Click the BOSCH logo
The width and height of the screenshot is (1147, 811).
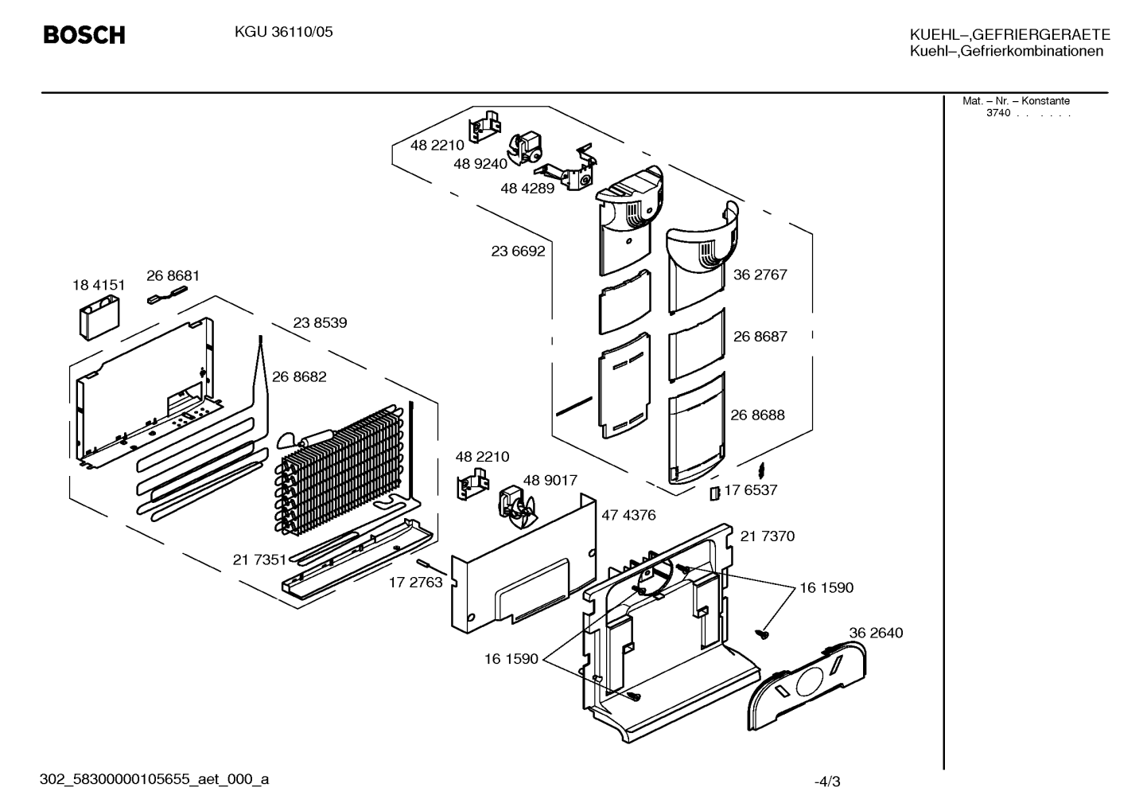tap(84, 35)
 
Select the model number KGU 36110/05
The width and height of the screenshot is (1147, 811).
tap(284, 32)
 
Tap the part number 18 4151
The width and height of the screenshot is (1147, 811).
tap(99, 285)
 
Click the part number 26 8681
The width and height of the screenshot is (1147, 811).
tap(173, 275)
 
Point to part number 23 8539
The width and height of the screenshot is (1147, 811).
tap(320, 323)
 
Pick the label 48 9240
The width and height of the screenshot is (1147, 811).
tap(480, 164)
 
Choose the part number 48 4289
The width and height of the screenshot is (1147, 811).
tap(527, 189)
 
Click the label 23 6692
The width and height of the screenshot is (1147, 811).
tap(518, 251)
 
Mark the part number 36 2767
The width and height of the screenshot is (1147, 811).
tap(760, 275)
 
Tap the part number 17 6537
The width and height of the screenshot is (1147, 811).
tap(751, 490)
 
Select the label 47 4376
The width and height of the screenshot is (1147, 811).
tap(628, 515)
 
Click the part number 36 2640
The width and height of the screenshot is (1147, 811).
tap(876, 633)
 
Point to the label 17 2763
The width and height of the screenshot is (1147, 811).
tap(415, 583)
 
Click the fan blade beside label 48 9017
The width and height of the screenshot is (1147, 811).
tap(517, 509)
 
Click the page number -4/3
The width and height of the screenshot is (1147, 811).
tap(827, 782)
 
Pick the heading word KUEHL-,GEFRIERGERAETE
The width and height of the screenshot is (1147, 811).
tap(1009, 34)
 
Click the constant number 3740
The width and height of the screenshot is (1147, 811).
tap(998, 113)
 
